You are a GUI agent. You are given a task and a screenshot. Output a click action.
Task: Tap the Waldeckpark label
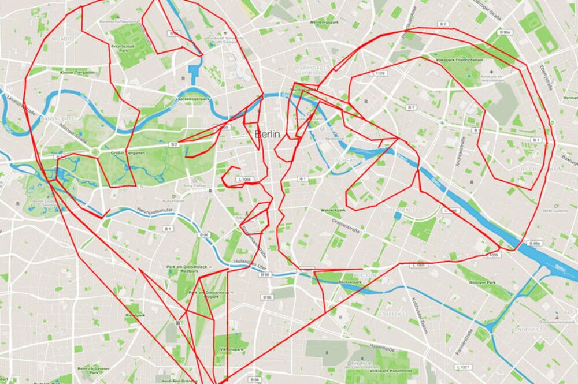332,211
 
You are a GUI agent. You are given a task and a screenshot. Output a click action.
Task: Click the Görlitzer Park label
483,283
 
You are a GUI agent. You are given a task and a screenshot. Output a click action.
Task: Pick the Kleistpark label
135,315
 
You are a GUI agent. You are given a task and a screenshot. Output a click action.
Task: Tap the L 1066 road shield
244,180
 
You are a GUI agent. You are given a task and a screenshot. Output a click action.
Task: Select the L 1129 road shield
379,74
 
